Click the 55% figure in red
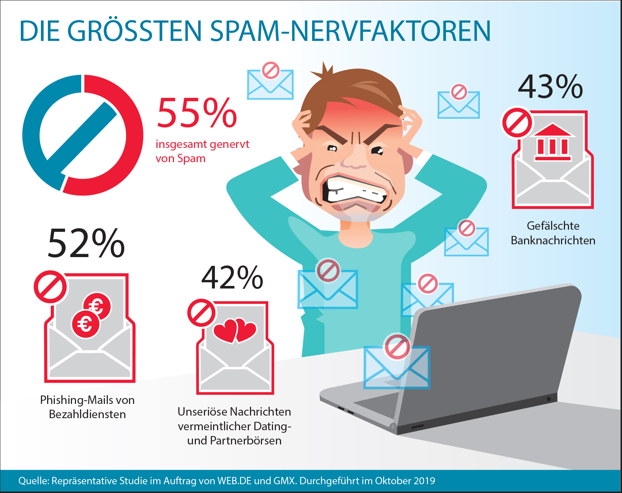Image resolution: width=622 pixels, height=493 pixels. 197,113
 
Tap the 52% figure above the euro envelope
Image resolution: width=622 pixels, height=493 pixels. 86,243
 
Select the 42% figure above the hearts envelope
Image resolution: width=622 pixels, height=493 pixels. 232,278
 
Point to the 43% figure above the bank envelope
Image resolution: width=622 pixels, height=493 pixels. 550,87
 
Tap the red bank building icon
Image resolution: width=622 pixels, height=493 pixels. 553,143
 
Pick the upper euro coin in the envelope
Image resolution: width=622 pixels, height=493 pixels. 97,306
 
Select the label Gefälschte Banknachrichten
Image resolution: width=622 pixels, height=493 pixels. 553,233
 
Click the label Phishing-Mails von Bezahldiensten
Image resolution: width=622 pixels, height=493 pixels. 87,407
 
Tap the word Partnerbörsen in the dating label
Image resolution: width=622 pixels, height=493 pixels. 246,440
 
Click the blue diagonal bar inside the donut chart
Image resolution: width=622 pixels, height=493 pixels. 82,131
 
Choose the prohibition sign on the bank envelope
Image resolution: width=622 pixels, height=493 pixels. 517,123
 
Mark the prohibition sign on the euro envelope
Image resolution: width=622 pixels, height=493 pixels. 50,287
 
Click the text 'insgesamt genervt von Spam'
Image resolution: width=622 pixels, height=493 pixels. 202,151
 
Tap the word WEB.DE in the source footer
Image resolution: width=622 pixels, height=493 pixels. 234,481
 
